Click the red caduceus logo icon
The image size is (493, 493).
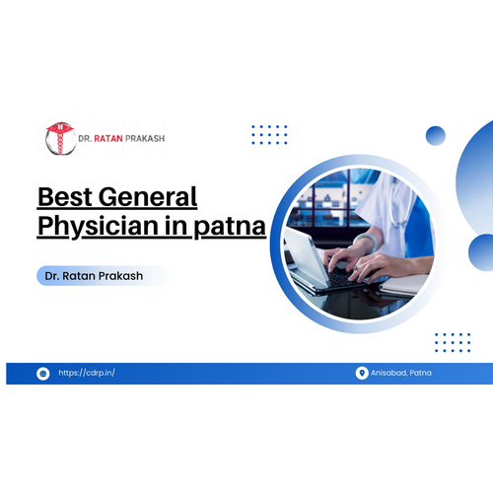point(60,138)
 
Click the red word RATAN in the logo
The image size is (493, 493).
point(108,139)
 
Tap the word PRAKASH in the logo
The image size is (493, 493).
point(145,139)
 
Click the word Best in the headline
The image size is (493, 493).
point(65,196)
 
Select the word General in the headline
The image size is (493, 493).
point(148,196)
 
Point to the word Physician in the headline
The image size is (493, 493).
point(99,226)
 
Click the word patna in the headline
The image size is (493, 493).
point(230,227)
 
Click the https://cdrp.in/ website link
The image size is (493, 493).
point(87,373)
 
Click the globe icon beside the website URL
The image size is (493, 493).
point(43,374)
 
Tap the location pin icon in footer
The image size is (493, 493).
point(362,373)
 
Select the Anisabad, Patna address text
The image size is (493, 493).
point(401,373)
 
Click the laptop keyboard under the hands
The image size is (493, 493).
point(342,277)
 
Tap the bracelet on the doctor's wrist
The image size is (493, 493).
point(366,241)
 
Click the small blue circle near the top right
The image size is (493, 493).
point(436,136)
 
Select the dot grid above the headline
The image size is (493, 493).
point(269,135)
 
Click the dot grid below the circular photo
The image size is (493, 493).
point(453,342)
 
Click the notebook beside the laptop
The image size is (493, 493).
point(404,285)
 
